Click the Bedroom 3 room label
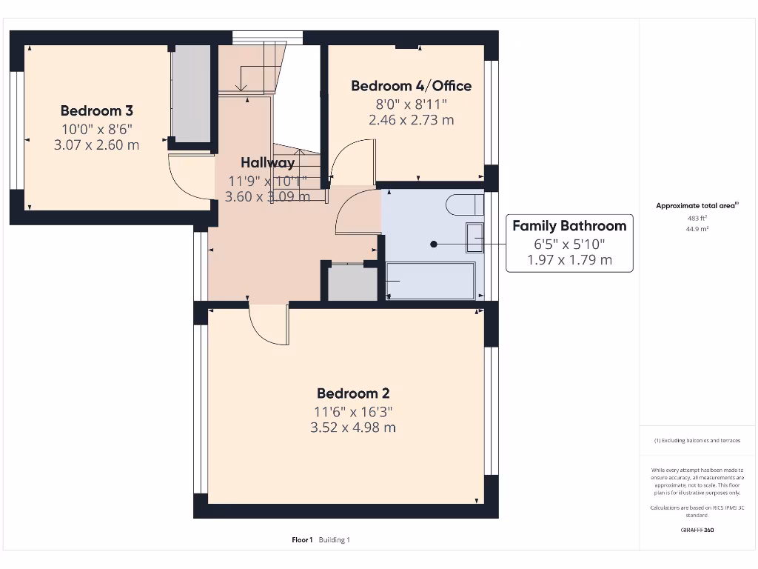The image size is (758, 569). pos(97,111)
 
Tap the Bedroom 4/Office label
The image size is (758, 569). pos(411,86)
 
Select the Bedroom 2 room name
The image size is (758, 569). pos(353,393)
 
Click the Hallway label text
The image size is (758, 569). pos(267,162)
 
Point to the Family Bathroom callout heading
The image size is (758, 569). pos(569,226)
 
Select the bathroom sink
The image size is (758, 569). pos(474,238)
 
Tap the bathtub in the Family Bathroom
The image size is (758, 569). pos(431,281)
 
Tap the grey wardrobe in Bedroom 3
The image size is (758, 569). pos(191,93)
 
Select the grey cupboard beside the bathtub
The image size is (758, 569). pos(352,282)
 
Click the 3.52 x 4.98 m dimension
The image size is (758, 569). pos(353,427)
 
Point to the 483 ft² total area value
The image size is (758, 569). pos(697,218)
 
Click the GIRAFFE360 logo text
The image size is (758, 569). pos(697,530)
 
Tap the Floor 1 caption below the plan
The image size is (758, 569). pos(302,540)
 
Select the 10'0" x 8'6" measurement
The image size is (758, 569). pos(97,129)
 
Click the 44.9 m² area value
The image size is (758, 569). pos(697,230)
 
